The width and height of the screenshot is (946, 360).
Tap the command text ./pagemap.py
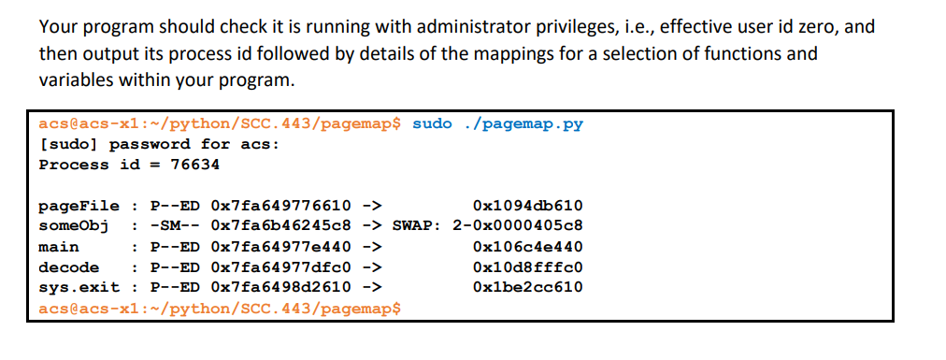point(523,123)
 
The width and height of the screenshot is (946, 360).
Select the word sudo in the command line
point(432,123)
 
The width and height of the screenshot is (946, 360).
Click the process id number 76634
point(194,165)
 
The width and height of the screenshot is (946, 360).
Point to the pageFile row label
point(79,206)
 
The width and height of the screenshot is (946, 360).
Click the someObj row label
point(74,226)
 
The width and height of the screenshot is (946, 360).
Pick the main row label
point(58,247)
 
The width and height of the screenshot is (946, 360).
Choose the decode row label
point(68,267)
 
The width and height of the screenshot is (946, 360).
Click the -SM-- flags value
point(175,226)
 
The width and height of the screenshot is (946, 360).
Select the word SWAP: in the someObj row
point(417,226)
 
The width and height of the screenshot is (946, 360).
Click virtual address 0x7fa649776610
point(281,206)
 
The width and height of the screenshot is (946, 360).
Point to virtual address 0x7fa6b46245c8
point(281,226)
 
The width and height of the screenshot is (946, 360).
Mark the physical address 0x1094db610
point(528,206)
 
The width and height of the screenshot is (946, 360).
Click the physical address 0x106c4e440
point(528,247)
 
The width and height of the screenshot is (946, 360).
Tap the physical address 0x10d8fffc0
point(528,267)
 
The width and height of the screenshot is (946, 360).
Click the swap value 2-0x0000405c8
point(518,226)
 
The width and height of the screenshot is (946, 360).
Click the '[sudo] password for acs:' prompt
point(159,144)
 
